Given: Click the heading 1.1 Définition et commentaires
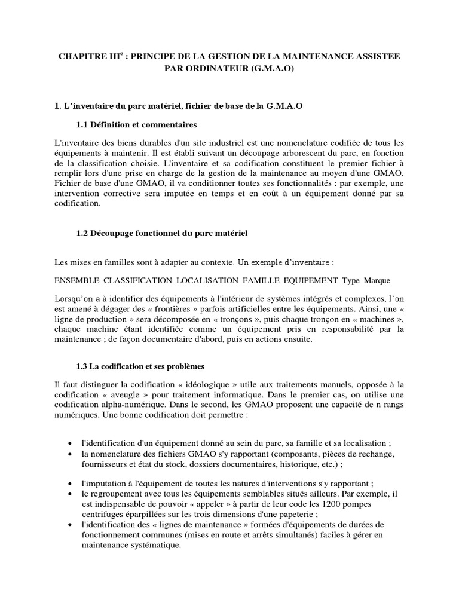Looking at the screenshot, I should pos(137,124).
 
